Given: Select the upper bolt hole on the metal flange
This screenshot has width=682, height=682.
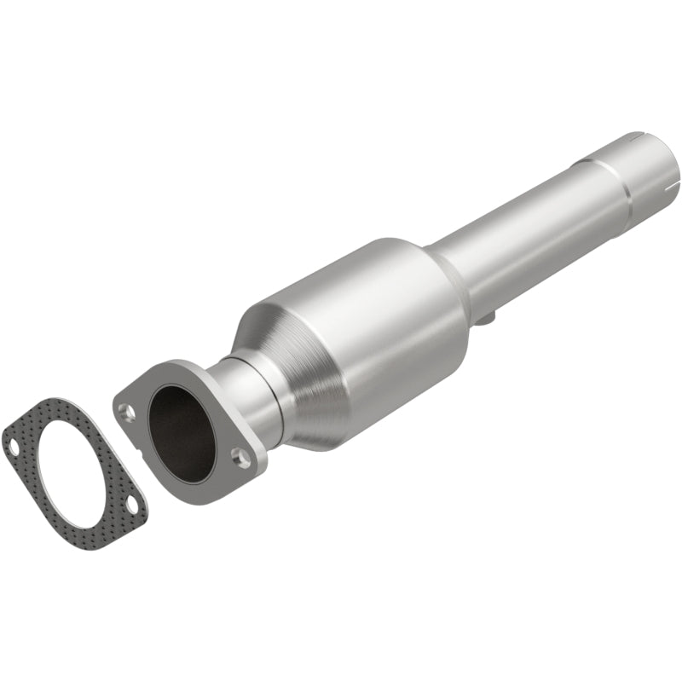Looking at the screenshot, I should point(127,413).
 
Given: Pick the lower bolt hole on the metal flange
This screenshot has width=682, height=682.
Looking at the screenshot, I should point(244,459).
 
